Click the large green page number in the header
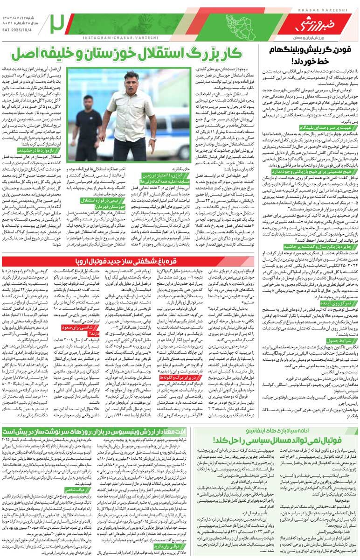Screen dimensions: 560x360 tap(57, 21)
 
